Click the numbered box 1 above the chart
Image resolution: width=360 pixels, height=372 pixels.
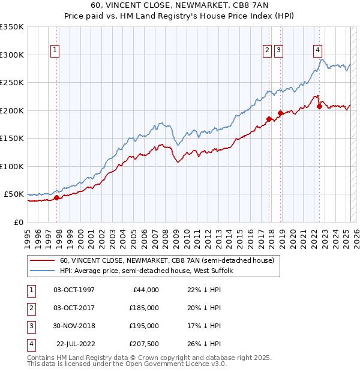click(55, 51)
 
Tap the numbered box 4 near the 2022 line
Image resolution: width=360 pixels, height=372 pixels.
click(317, 51)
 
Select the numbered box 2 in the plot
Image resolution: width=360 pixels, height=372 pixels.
click(266, 51)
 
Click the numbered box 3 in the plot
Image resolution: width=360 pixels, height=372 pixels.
click(280, 51)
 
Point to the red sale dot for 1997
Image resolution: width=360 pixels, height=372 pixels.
click(56, 197)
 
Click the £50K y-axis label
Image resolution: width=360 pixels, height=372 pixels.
click(14, 194)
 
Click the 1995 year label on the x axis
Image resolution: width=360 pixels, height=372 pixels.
click(27, 234)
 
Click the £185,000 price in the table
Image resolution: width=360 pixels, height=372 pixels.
click(144, 307)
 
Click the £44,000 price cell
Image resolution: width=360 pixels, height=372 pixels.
click(144, 289)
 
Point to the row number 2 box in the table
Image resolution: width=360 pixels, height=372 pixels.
click(30, 307)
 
